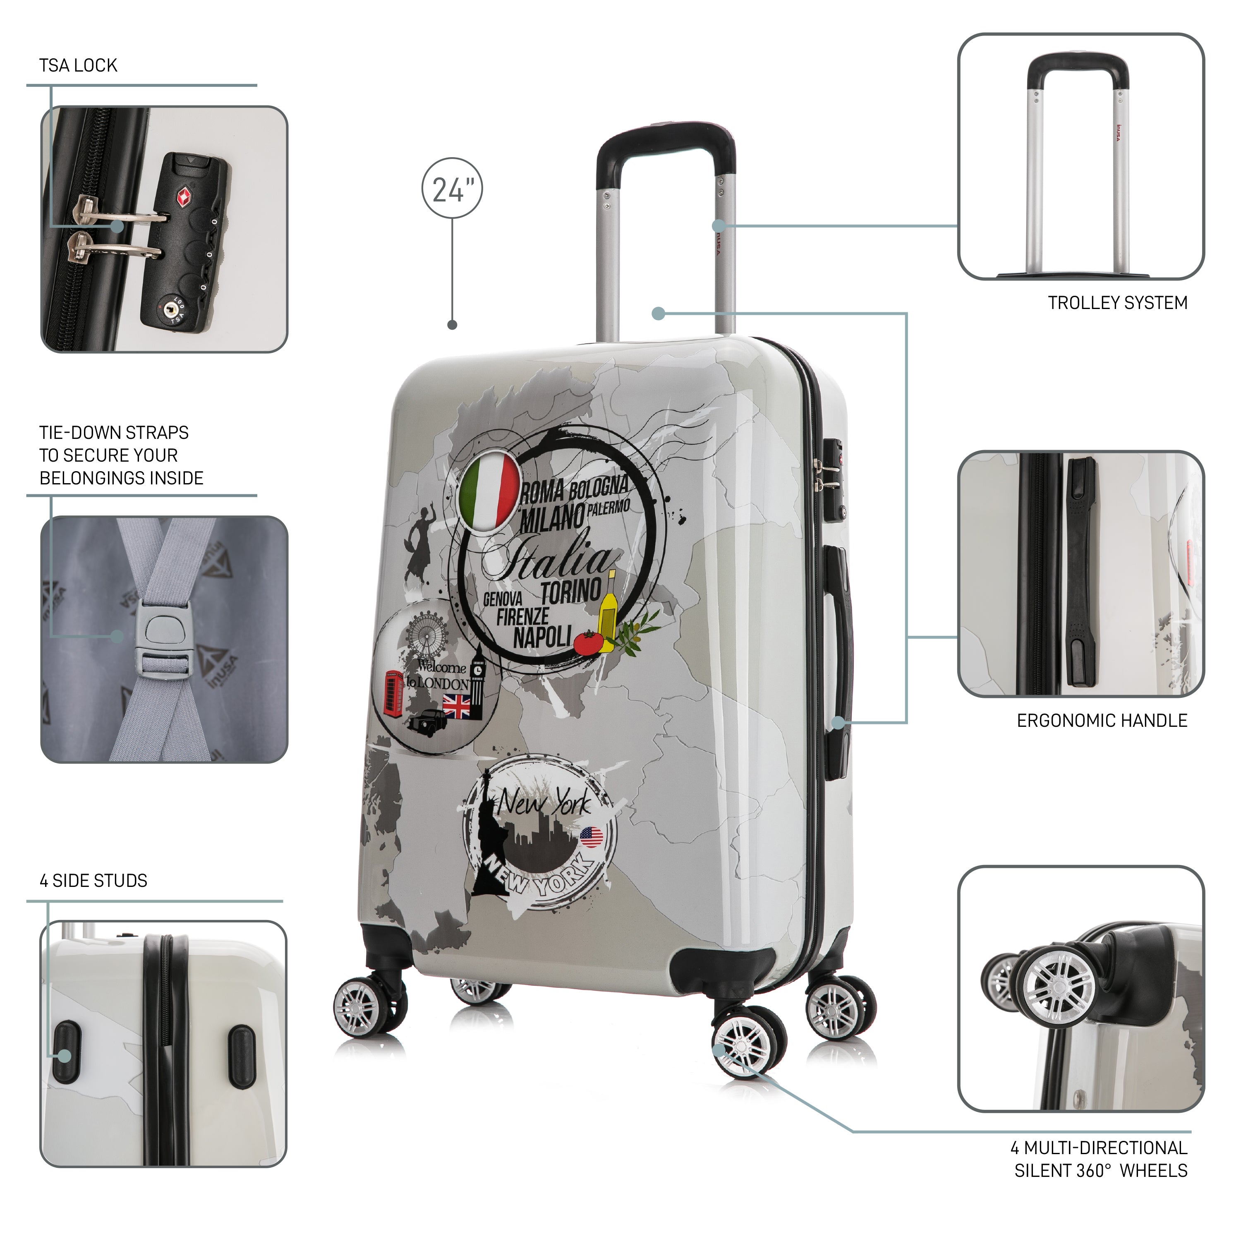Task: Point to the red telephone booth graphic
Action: pos(393,692)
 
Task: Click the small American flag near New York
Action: pos(591,837)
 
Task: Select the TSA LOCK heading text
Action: pos(78,65)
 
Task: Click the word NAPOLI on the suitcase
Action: pos(541,638)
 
